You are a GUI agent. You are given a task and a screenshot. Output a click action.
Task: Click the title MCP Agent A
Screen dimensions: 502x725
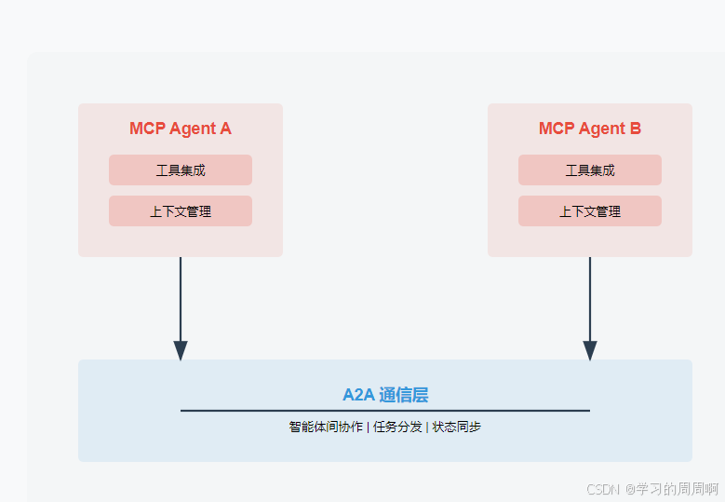click(180, 129)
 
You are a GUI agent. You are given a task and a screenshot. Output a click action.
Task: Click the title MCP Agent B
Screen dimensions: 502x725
click(589, 129)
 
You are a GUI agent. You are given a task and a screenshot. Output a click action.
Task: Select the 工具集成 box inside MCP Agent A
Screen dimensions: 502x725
click(181, 170)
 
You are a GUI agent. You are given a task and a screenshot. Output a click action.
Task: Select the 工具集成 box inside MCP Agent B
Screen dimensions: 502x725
click(590, 170)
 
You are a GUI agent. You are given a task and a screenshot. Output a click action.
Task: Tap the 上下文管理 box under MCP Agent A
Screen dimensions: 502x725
click(181, 211)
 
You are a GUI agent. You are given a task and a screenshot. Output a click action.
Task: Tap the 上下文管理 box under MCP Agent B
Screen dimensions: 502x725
click(590, 211)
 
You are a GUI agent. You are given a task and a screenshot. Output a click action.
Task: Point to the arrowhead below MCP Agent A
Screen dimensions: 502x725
click(181, 350)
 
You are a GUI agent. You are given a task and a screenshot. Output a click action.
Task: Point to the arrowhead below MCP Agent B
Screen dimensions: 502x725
click(590, 350)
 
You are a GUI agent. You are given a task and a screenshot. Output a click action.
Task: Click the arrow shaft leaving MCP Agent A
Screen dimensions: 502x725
click(181, 298)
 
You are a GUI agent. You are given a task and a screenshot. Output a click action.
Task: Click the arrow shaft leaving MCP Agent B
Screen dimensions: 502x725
click(590, 298)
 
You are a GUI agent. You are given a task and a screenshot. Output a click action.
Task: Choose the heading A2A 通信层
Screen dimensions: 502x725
click(385, 395)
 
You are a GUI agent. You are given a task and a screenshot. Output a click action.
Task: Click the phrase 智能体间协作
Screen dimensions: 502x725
click(326, 427)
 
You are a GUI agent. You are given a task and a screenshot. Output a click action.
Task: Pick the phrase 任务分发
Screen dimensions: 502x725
click(396, 427)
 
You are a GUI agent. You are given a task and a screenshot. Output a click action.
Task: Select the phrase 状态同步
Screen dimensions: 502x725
click(456, 427)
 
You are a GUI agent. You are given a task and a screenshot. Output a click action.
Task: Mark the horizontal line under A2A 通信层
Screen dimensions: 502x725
click(385, 410)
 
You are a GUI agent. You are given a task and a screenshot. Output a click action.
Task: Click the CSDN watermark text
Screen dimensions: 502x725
click(604, 488)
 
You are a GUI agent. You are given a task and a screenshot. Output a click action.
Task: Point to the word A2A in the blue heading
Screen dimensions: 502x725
click(358, 395)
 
